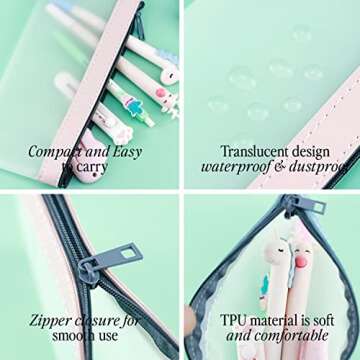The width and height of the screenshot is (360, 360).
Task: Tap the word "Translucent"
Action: click(253, 152)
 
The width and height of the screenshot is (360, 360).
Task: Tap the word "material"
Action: click(274, 320)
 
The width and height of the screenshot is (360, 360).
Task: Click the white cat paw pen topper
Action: click(123, 132)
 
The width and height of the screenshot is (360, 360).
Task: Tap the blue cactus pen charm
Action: click(134, 105)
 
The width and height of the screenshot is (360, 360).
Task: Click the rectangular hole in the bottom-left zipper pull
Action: click(128, 254)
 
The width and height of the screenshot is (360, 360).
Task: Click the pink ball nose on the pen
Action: click(301, 262)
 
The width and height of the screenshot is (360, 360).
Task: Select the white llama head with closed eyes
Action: click(277, 252)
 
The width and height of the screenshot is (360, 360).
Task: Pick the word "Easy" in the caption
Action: click(127, 153)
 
